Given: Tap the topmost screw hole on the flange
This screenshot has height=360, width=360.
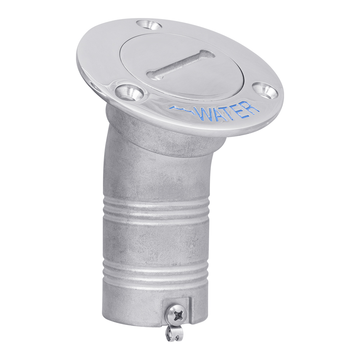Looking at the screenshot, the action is point(148,24).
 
